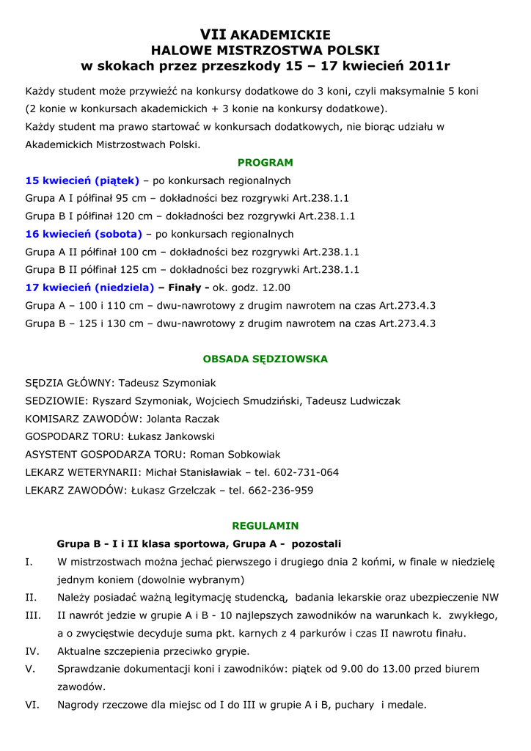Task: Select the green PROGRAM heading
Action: (x=265, y=162)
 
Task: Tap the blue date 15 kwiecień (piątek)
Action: (x=82, y=180)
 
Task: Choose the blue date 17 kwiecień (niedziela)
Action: (x=89, y=287)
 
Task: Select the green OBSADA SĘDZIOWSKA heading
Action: (x=265, y=359)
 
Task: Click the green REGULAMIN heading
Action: (x=265, y=526)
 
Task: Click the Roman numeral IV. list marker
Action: (x=32, y=651)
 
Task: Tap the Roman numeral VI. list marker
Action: (x=32, y=705)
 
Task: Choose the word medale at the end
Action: (x=409, y=705)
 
